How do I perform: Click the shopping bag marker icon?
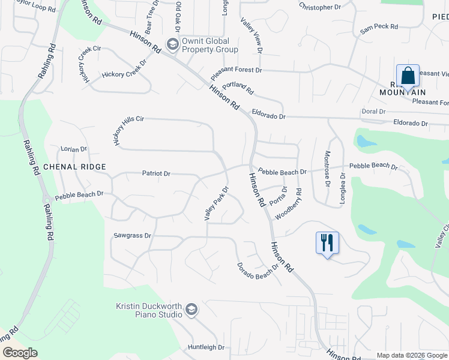click(x=408, y=76)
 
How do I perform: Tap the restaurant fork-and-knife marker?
click(x=327, y=243)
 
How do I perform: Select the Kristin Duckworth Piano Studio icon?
click(x=191, y=310)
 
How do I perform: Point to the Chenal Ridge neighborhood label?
click(x=74, y=167)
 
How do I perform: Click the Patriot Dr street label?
click(x=156, y=173)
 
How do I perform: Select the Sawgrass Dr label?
click(x=132, y=236)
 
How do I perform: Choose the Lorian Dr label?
click(x=74, y=148)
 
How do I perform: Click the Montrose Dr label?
click(x=328, y=169)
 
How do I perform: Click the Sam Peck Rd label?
click(x=379, y=27)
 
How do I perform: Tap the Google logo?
click(x=20, y=353)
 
